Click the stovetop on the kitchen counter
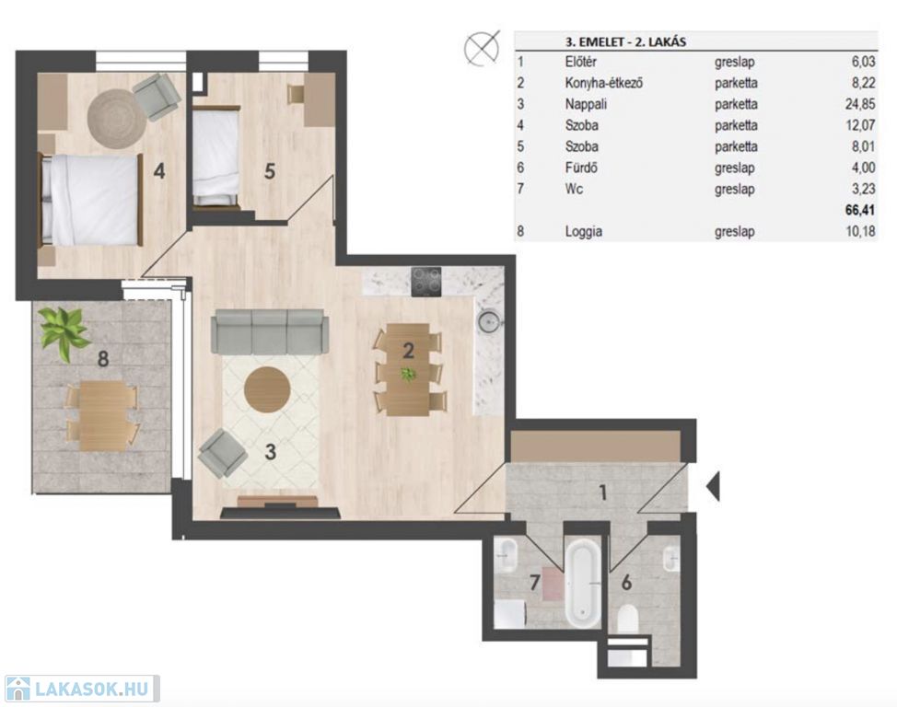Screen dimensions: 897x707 click(426, 282)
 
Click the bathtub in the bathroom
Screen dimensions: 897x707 click(583, 584)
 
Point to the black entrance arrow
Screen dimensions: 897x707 click(713, 487)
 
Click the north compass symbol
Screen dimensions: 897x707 click(482, 48)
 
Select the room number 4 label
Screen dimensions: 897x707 click(159, 170)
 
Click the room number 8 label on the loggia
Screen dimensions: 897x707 click(103, 359)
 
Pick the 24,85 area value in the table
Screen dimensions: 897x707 click(860, 104)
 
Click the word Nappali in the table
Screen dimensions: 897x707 click(586, 104)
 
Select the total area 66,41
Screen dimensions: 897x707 click(860, 210)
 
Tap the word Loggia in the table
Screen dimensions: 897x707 click(584, 232)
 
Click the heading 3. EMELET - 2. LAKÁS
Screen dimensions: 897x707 click(625, 41)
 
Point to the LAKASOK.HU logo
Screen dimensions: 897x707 click(81, 689)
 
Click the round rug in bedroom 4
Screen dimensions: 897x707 click(116, 118)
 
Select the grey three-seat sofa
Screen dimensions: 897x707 click(270, 331)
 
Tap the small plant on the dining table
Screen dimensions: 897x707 click(408, 375)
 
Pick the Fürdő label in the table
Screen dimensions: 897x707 click(581, 168)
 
